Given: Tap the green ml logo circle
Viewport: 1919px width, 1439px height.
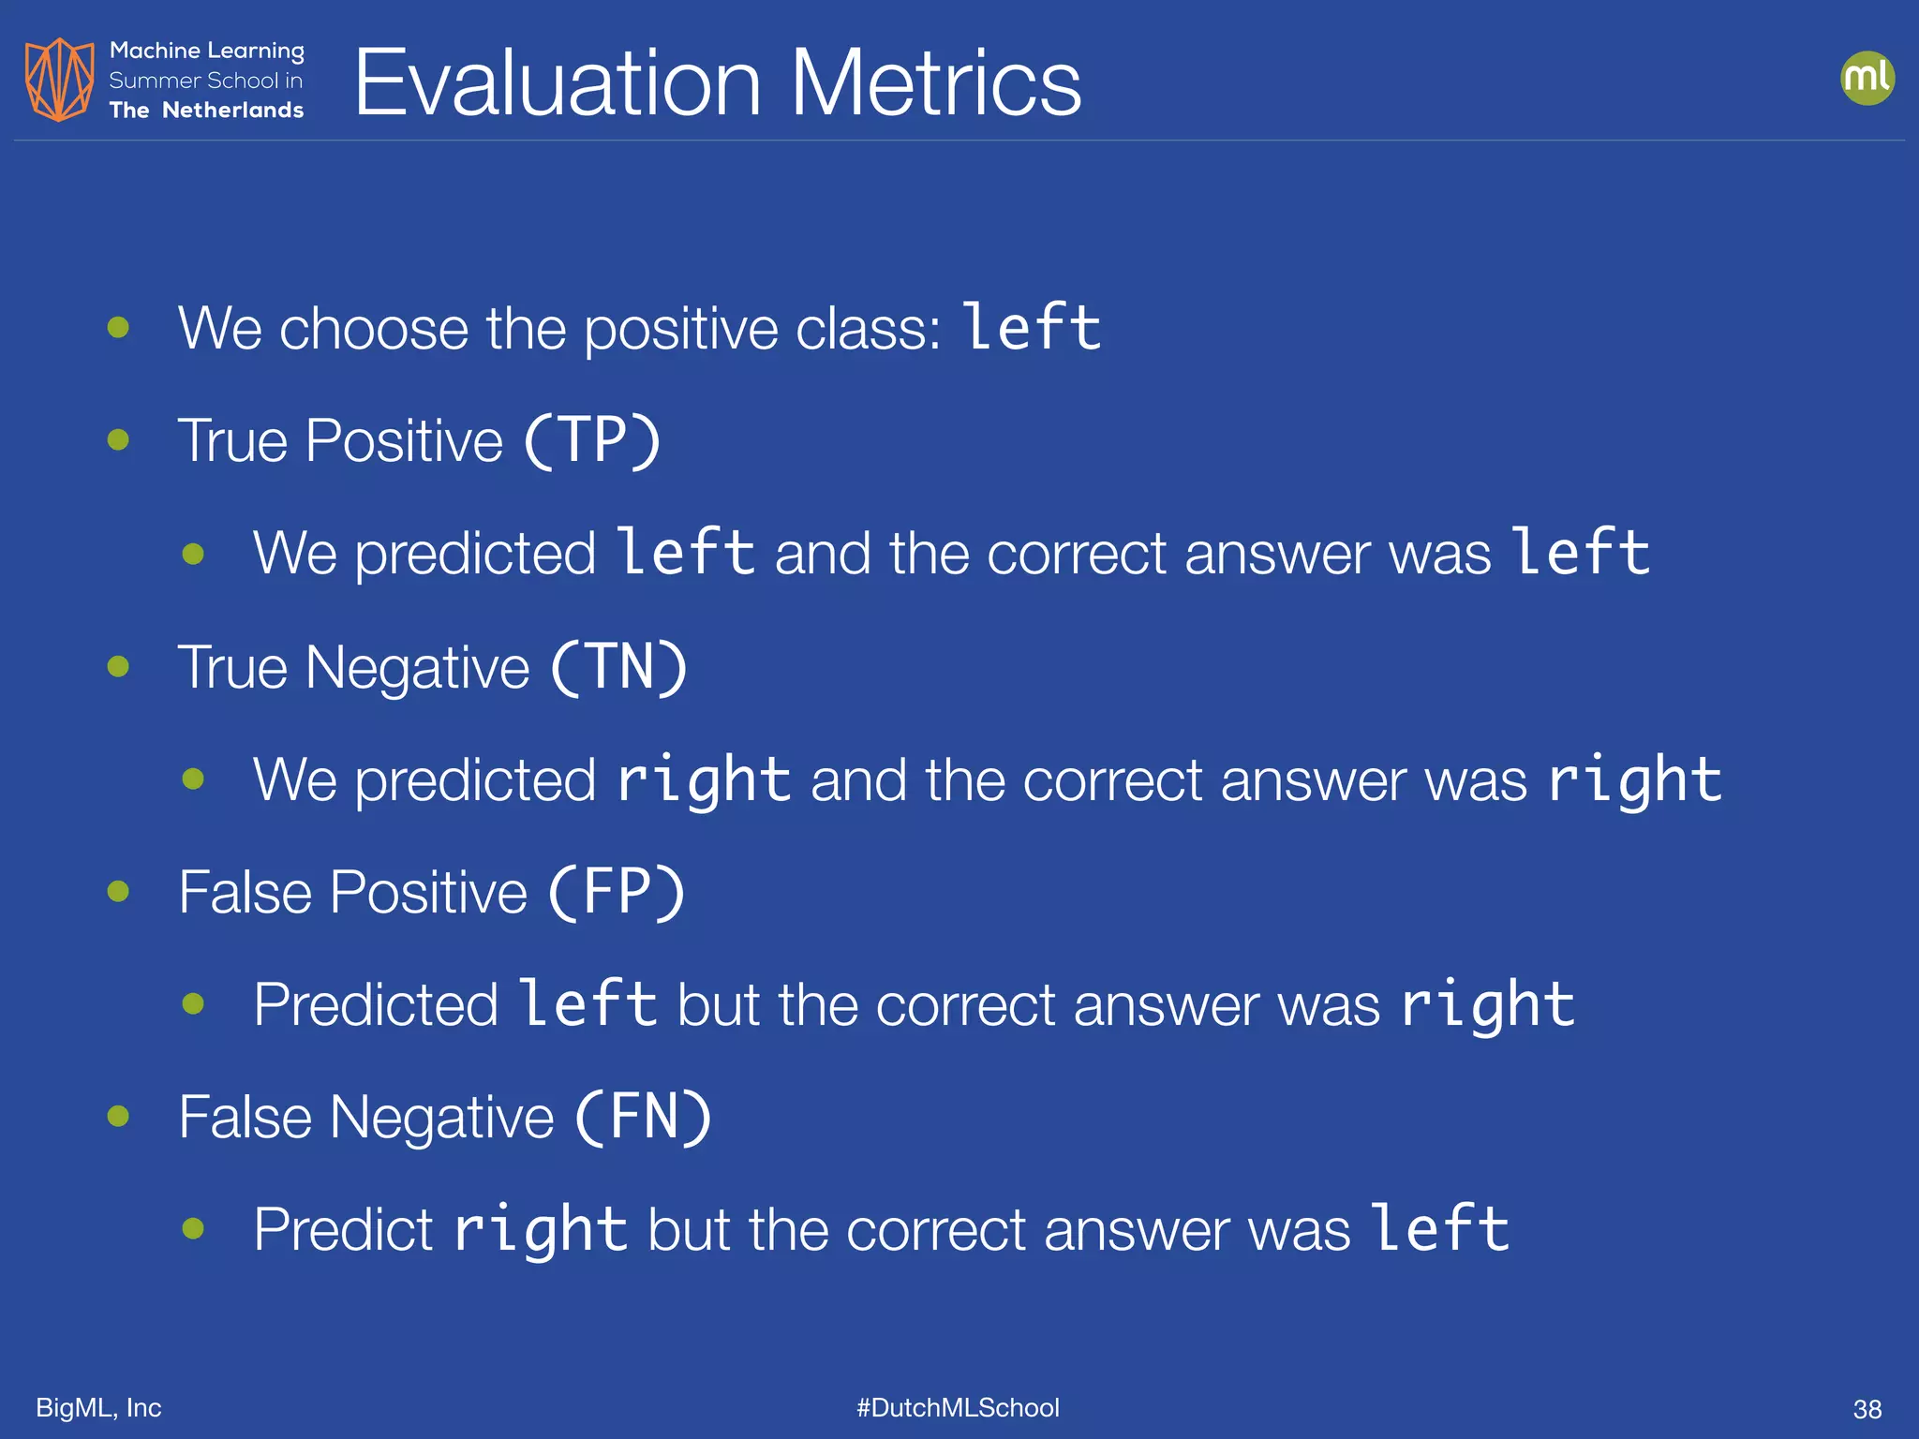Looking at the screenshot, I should pyautogui.click(x=1867, y=78).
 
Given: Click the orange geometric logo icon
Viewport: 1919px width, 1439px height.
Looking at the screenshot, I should pyautogui.click(x=59, y=80).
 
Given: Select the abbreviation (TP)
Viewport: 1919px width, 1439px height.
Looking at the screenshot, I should pyautogui.click(x=591, y=440).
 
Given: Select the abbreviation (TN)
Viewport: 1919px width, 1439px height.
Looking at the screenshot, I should pyautogui.click(x=618, y=667).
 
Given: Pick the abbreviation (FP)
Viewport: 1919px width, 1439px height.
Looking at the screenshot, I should pyautogui.click(x=617, y=892).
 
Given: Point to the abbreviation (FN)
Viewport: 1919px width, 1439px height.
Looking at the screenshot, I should pyautogui.click(x=643, y=1117).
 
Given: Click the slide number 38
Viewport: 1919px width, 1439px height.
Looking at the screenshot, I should pyautogui.click(x=1867, y=1409).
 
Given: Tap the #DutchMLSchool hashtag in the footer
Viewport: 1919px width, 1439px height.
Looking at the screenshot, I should pyautogui.click(x=958, y=1407).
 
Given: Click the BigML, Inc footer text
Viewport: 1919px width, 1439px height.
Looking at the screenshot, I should pyautogui.click(x=98, y=1407).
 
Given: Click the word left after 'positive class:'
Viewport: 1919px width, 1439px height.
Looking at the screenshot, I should pyautogui.click(x=1033, y=328).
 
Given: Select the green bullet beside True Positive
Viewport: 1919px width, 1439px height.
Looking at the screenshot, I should pyautogui.click(x=118, y=439).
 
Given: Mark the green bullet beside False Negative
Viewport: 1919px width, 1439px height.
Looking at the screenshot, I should pyautogui.click(x=118, y=1116).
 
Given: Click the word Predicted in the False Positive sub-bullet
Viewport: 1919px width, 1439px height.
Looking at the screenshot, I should pyautogui.click(x=376, y=1005).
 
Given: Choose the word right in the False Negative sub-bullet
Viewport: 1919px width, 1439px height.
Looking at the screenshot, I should pyautogui.click(x=541, y=1230).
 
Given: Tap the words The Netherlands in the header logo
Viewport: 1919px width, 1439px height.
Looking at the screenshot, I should pyautogui.click(x=206, y=110).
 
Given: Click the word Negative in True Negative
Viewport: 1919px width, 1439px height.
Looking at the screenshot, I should pyautogui.click(x=417, y=669).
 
